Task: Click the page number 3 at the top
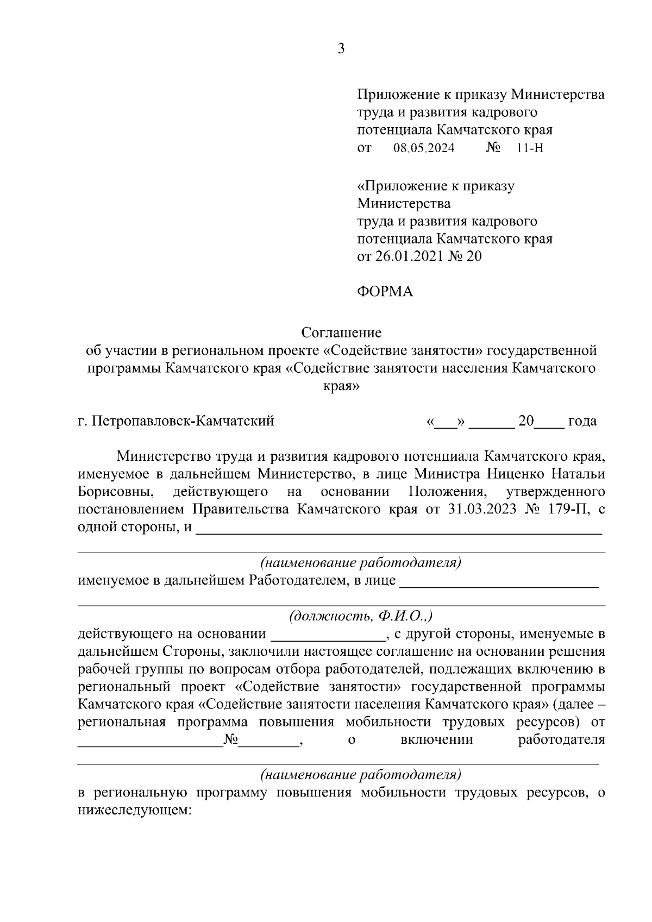(341, 49)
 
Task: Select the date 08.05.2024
(424, 148)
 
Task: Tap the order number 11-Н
(530, 148)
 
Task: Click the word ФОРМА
(385, 292)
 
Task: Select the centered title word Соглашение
(342, 333)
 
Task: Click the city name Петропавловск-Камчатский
(183, 421)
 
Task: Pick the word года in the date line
(582, 421)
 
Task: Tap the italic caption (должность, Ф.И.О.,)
(361, 616)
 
